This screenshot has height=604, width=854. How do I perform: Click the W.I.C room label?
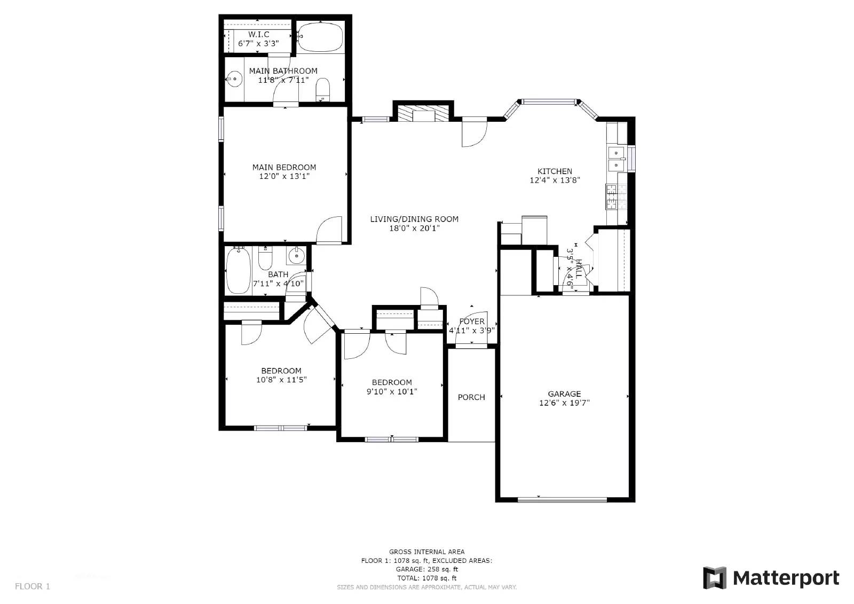[258, 34]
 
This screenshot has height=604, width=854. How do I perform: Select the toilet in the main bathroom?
[323, 89]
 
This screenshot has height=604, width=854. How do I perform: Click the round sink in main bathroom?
[233, 80]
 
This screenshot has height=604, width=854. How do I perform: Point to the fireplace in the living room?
[423, 113]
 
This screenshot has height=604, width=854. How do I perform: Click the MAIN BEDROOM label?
[284, 167]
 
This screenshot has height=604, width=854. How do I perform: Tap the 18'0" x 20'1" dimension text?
[414, 228]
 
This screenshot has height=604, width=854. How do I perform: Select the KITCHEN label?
[555, 171]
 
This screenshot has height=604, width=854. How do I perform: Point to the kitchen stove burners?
[611, 197]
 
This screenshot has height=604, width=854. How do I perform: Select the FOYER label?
[472, 321]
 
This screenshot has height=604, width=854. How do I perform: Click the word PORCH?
[471, 397]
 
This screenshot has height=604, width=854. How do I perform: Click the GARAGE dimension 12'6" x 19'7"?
[564, 403]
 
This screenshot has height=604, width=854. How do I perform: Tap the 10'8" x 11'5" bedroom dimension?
[281, 380]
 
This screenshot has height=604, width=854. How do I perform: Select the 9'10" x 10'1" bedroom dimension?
[392, 391]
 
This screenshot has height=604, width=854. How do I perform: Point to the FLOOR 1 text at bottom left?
[33, 586]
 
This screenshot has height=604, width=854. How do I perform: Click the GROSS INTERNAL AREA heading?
[426, 552]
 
